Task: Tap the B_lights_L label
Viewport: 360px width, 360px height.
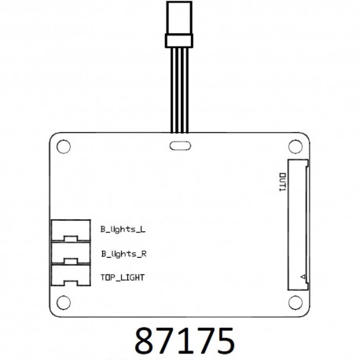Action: pos(123,230)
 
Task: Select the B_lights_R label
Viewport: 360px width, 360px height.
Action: pos(123,254)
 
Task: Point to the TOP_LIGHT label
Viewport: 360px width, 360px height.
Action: pos(122,277)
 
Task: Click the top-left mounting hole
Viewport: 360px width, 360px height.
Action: pos(64,146)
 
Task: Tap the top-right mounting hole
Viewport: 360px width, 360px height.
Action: pos(295,145)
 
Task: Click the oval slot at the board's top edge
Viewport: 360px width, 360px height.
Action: pos(179,145)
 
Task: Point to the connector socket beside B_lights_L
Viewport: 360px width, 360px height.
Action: pos(70,230)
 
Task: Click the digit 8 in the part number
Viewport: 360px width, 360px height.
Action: pos(145,340)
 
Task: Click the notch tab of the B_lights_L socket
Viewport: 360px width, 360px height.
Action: pos(72,237)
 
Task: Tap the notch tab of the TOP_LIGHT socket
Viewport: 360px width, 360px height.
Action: pos(72,284)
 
